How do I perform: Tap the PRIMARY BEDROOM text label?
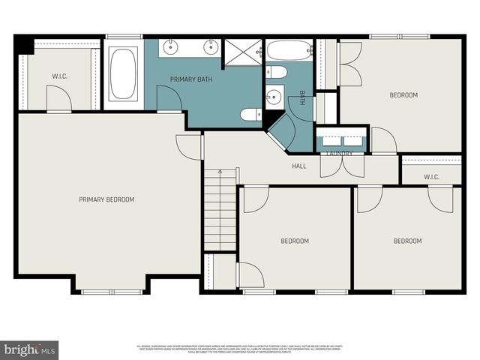coord(106,199)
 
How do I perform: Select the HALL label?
coord(299,166)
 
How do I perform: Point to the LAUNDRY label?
coord(340,154)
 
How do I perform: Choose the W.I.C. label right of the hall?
coord(431,177)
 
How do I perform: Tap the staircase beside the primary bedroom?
coord(220,210)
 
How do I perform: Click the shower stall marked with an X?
coord(243,51)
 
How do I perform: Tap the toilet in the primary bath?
coord(250,115)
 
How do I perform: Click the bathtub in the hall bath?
coord(289,51)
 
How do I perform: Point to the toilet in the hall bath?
coord(275,73)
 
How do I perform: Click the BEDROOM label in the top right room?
coord(403,95)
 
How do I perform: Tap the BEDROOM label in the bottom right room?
coord(408,241)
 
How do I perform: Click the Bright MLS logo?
coord(30,349)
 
